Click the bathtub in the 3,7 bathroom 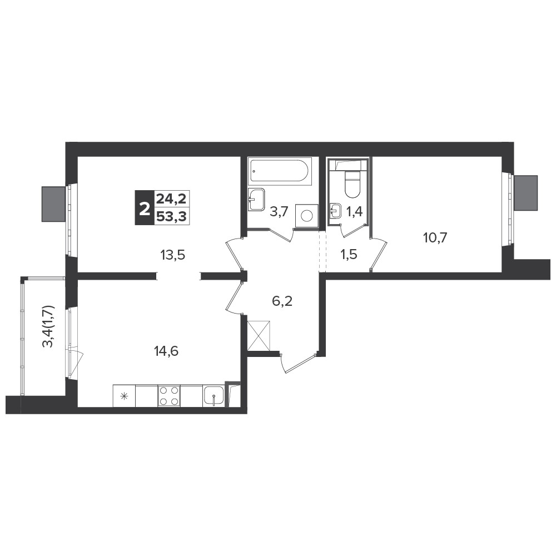coord(280,172)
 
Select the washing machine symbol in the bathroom coord(307,215)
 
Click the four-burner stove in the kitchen coord(169,396)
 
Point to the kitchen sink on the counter coord(214,396)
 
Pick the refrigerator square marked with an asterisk coord(124,396)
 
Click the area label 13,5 coord(173,255)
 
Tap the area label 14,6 coord(166,351)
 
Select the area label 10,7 coord(435,237)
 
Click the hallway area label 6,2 coord(282,301)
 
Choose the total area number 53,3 coord(172,216)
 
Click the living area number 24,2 coord(172,199)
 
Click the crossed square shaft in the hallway coord(259,335)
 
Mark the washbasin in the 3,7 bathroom coord(256,199)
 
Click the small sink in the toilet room coord(335,210)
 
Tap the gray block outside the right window coord(526,192)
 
